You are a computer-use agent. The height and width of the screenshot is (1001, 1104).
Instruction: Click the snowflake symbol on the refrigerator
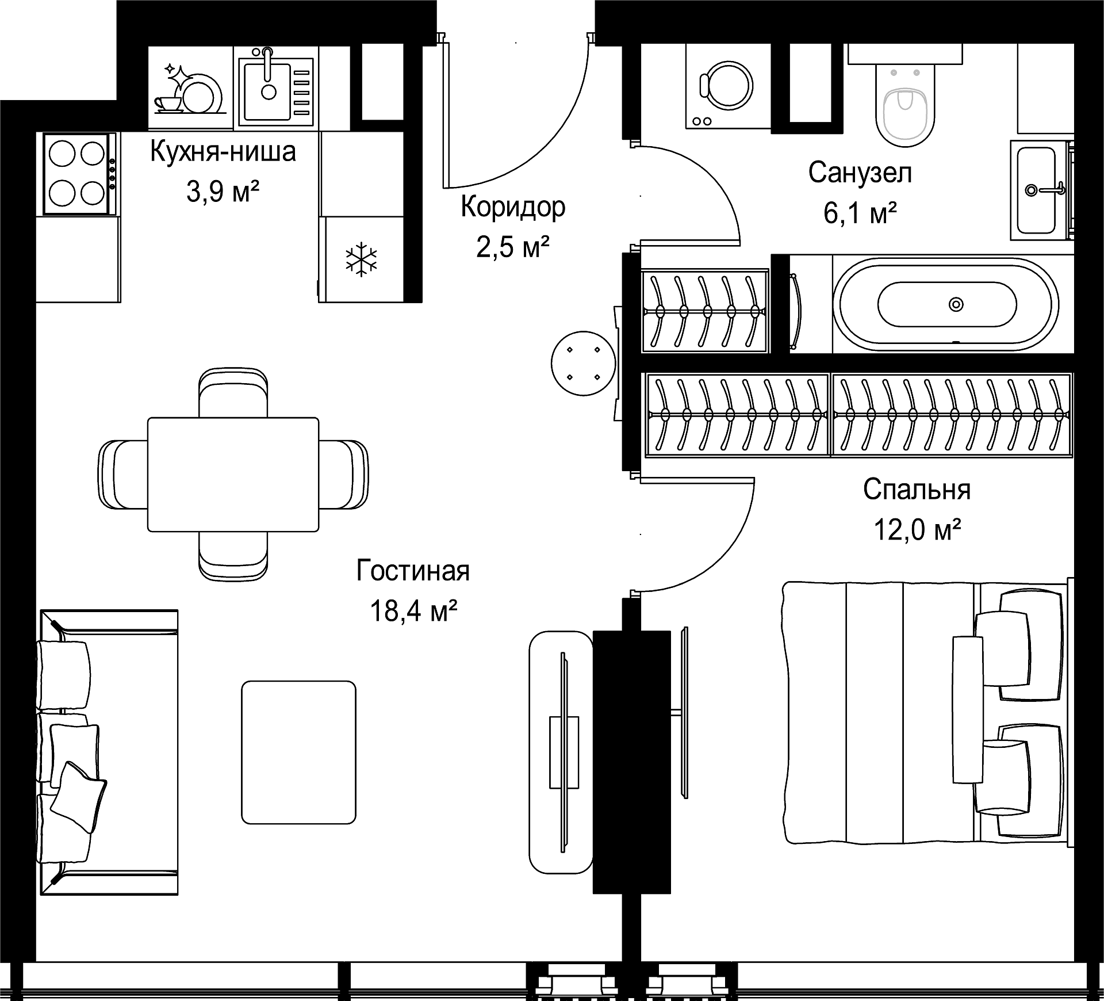(x=361, y=260)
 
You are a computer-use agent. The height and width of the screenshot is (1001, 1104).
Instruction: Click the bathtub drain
(x=956, y=304)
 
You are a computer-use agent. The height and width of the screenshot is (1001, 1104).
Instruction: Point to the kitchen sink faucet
(x=267, y=64)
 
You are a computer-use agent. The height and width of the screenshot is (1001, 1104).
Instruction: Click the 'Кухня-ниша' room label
(x=223, y=152)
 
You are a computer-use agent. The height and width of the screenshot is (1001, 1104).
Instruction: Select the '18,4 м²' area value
(x=413, y=610)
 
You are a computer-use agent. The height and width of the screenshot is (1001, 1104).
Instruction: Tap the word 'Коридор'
(x=513, y=208)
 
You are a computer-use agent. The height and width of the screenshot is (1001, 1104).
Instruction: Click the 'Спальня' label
(x=917, y=490)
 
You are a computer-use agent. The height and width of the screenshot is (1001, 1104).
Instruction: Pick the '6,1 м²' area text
(x=860, y=213)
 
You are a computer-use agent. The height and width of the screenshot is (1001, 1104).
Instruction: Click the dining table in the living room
(x=233, y=475)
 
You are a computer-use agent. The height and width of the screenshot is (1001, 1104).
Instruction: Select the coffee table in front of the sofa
(x=298, y=752)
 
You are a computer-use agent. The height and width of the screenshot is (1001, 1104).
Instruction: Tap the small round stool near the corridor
(x=583, y=363)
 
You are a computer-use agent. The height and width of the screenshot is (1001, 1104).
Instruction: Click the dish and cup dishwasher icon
(x=190, y=89)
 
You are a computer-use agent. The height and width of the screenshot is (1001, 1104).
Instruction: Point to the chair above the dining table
(x=233, y=392)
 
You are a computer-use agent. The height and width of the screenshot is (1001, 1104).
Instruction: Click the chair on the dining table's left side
(x=123, y=475)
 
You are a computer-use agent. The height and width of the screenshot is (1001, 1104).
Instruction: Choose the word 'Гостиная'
(x=413, y=571)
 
